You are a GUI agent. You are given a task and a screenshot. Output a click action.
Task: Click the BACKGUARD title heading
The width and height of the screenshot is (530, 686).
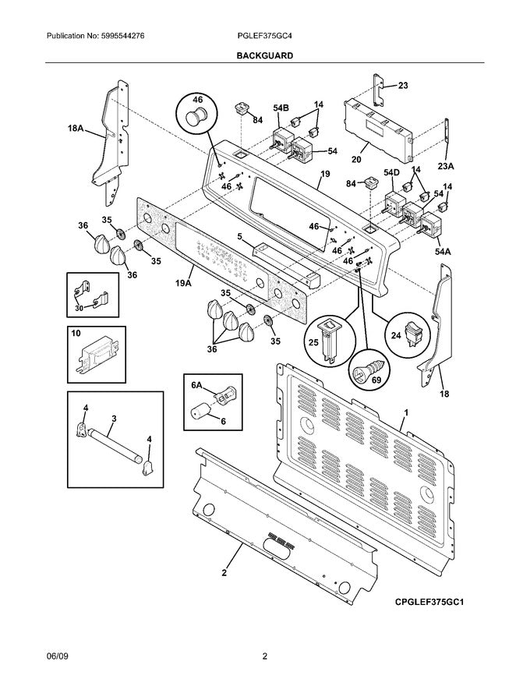(265, 56)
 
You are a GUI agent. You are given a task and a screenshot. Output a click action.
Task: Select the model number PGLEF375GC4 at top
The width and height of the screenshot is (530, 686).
(265, 37)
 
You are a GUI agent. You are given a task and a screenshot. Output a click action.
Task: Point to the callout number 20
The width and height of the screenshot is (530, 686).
(356, 160)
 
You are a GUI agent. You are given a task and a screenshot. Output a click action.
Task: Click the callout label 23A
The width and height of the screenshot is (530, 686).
(444, 164)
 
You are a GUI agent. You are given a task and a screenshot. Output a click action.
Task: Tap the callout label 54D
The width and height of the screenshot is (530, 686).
(391, 172)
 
